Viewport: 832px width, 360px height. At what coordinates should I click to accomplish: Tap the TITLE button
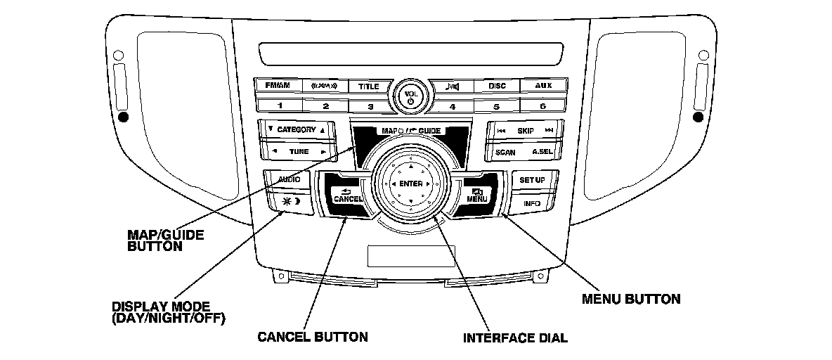[369, 86]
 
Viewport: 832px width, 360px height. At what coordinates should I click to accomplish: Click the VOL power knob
[410, 96]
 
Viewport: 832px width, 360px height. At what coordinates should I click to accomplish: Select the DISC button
[497, 86]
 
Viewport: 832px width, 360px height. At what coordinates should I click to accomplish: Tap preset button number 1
[279, 106]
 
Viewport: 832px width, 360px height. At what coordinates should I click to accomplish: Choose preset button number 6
[542, 106]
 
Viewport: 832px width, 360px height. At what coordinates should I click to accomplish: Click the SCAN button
[505, 152]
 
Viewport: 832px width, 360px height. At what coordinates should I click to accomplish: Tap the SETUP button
[532, 180]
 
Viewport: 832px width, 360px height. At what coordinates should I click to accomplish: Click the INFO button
[531, 203]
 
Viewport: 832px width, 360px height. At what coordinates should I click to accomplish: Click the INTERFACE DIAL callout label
[514, 337]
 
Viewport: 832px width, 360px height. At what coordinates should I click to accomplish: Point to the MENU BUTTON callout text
[631, 299]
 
